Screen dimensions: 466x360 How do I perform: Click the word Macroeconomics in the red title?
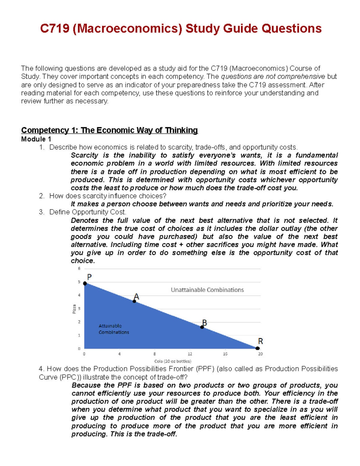[x=127, y=29]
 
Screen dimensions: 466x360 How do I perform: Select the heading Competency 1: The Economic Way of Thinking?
[x=109, y=130]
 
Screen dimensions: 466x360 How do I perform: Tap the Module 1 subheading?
[x=36, y=139]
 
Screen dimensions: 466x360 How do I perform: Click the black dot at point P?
[x=85, y=283]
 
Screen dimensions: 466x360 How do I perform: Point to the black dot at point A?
[x=134, y=301]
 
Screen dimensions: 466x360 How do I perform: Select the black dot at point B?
[x=202, y=327]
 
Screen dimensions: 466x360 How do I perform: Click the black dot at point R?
[x=257, y=348]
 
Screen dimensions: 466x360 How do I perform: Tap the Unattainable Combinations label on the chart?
[x=207, y=290]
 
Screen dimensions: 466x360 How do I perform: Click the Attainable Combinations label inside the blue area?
[x=114, y=329]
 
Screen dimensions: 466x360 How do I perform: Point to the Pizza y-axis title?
[x=74, y=309]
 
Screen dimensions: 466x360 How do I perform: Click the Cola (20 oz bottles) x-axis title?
[x=172, y=361]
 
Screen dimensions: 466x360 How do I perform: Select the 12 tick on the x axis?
[x=190, y=354]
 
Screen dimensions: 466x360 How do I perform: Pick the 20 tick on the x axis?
[x=260, y=354]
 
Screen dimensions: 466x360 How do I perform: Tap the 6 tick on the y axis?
[x=79, y=269]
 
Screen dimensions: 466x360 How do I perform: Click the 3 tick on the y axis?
[x=79, y=308]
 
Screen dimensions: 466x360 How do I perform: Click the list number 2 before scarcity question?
[x=41, y=196]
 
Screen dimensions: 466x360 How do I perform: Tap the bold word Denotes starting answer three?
[x=84, y=221]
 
